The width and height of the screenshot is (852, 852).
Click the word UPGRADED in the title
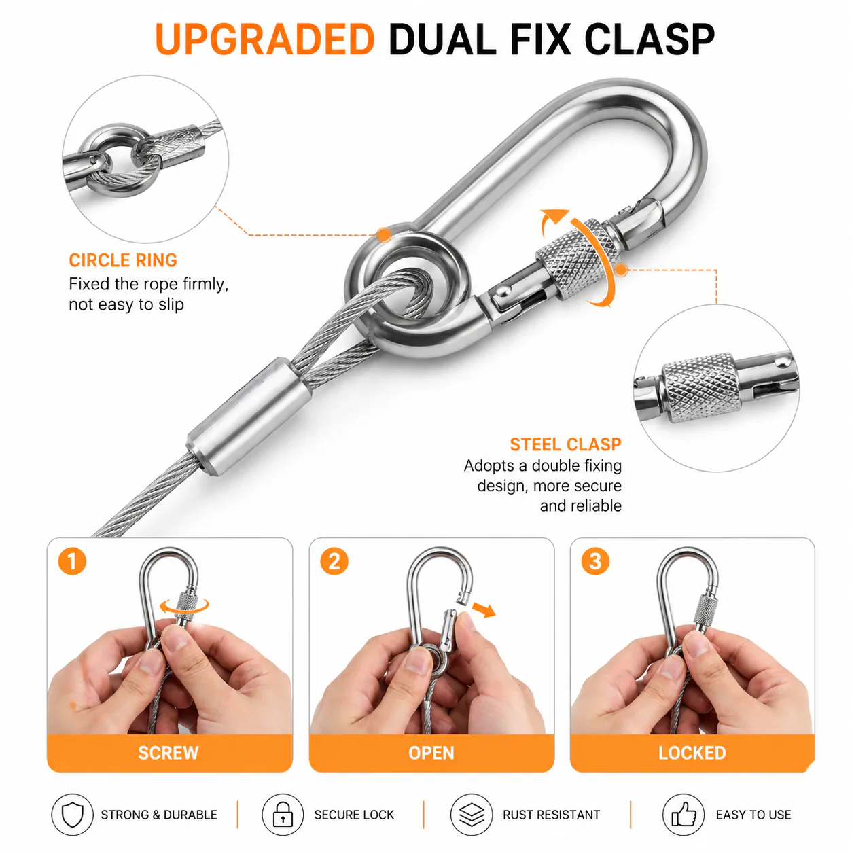(264, 39)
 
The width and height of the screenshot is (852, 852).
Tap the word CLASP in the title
(649, 39)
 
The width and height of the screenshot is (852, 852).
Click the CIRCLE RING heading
(123, 260)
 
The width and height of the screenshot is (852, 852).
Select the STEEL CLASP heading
(565, 444)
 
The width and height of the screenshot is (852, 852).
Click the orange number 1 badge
(72, 561)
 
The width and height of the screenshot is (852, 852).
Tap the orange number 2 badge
(334, 561)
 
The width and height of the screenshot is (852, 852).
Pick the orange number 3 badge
(595, 561)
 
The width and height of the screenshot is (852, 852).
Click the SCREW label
(168, 753)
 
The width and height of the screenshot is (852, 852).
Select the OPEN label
(431, 753)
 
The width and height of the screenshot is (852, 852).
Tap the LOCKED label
(692, 753)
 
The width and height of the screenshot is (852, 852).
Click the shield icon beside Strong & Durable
(73, 815)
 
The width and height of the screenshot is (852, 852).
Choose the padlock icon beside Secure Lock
(283, 815)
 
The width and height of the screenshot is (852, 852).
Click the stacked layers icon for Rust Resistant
(472, 815)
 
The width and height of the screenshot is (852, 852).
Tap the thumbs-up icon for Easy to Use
(684, 815)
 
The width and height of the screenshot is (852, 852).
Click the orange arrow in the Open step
(484, 609)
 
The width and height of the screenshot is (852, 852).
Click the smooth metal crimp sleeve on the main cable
(249, 416)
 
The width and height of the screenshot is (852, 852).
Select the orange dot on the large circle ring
(385, 235)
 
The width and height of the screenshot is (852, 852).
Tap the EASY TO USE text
(753, 815)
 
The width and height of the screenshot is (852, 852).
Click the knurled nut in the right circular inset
(700, 388)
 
